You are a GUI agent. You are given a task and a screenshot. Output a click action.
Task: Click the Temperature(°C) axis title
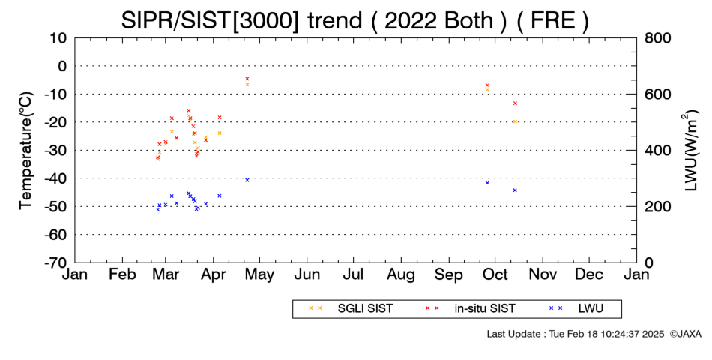coord(26,151)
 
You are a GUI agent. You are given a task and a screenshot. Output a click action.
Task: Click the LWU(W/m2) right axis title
coord(690,151)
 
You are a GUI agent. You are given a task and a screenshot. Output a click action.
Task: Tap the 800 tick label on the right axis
coord(658,38)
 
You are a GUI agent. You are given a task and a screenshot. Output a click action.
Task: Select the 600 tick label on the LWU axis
coord(658,94)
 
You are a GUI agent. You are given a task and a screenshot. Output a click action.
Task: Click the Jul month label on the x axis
coord(353,274)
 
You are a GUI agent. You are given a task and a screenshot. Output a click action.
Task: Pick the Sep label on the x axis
coord(449,275)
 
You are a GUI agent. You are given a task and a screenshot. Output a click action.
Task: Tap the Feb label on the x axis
coord(123,274)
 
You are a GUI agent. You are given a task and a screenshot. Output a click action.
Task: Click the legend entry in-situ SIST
coord(470,309)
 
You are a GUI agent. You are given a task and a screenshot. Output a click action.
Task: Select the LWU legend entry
coord(576,309)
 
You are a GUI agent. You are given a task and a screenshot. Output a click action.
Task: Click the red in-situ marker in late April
coord(247,79)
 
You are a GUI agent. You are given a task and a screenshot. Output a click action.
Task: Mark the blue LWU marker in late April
coord(247,180)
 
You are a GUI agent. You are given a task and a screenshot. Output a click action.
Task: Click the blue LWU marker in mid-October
coord(515,190)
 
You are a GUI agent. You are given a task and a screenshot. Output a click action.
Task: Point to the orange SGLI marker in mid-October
coord(515,121)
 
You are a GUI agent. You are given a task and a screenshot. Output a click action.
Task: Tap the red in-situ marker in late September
coord(487,85)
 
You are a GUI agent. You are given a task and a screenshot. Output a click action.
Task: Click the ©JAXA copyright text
coord(685,334)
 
